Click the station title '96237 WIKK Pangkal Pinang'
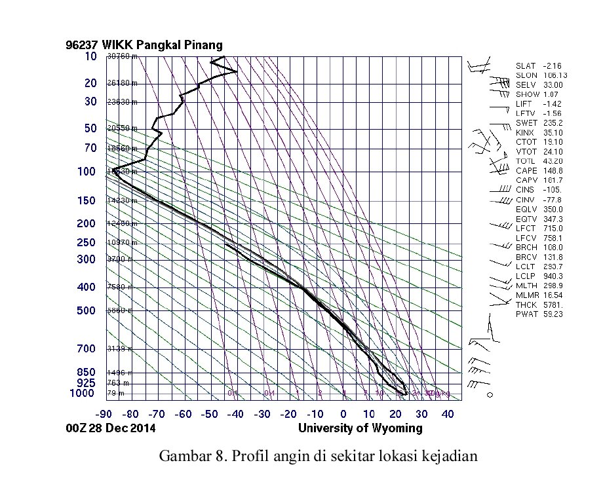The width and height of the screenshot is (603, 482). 144,45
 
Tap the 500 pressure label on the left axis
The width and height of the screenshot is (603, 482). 87,310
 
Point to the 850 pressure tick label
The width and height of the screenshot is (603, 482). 87,372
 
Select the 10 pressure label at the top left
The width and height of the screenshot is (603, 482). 91,56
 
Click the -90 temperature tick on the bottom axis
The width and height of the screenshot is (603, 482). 103,414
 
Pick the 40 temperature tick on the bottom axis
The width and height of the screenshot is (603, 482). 449,414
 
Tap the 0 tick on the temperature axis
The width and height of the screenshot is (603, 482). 343,414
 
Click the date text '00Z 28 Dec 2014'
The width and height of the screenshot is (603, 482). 111,428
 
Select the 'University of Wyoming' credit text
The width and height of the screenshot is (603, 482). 360,428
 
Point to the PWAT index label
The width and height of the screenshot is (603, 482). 526,314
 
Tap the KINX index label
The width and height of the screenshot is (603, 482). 525,132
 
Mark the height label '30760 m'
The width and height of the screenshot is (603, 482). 122,56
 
